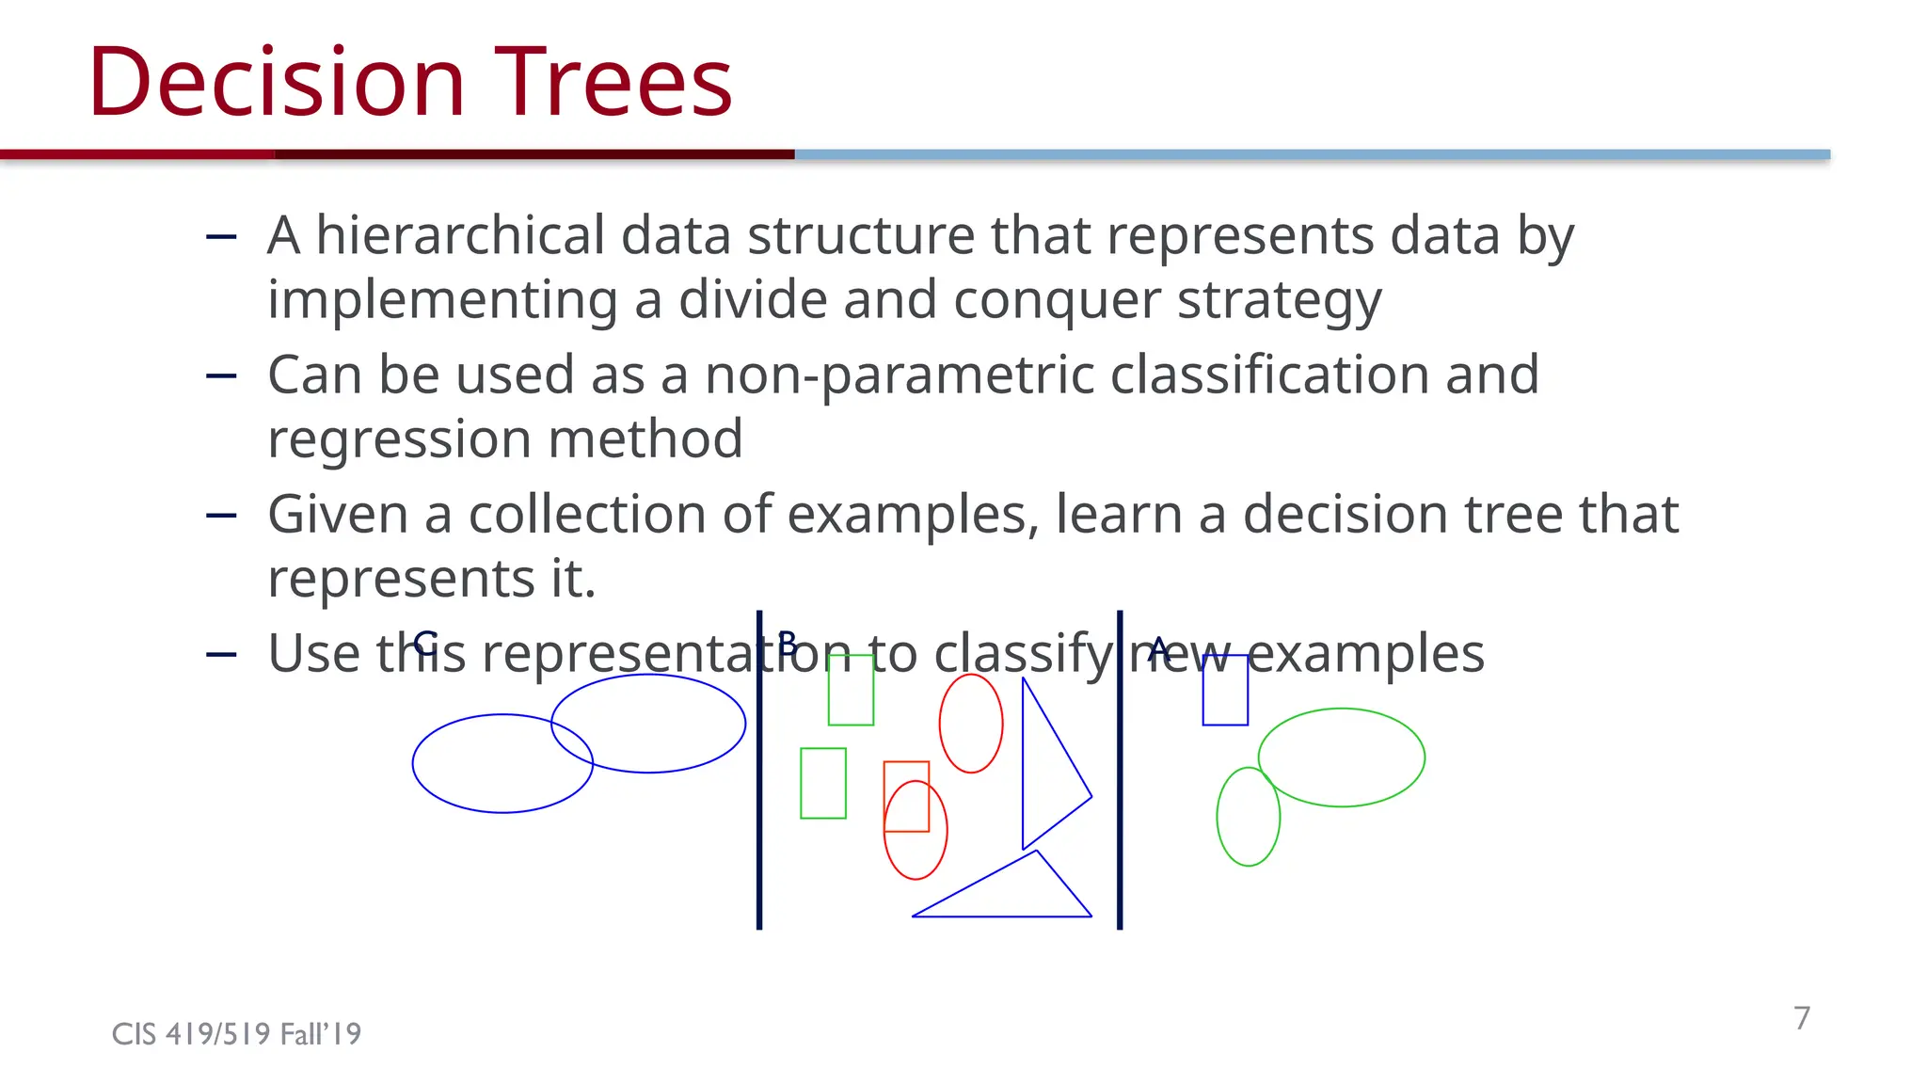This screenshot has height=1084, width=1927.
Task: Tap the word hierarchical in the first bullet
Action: tap(461, 235)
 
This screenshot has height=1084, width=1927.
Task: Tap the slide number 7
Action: tap(1801, 1018)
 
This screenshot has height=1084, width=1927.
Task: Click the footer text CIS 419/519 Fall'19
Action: tap(236, 1034)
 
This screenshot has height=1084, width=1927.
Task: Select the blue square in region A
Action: tap(1225, 690)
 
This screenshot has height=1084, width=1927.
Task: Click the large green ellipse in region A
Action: tap(1341, 757)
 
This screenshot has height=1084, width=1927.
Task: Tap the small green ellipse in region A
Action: tap(1248, 817)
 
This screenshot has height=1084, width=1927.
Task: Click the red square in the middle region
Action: tap(906, 796)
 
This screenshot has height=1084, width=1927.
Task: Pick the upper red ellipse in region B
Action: tap(971, 723)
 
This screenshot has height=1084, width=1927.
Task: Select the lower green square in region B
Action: tap(823, 783)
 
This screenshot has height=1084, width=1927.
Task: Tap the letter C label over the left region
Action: tap(424, 643)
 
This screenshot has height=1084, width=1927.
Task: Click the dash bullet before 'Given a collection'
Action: tap(221, 516)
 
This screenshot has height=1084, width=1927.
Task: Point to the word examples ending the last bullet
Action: tap(1365, 654)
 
